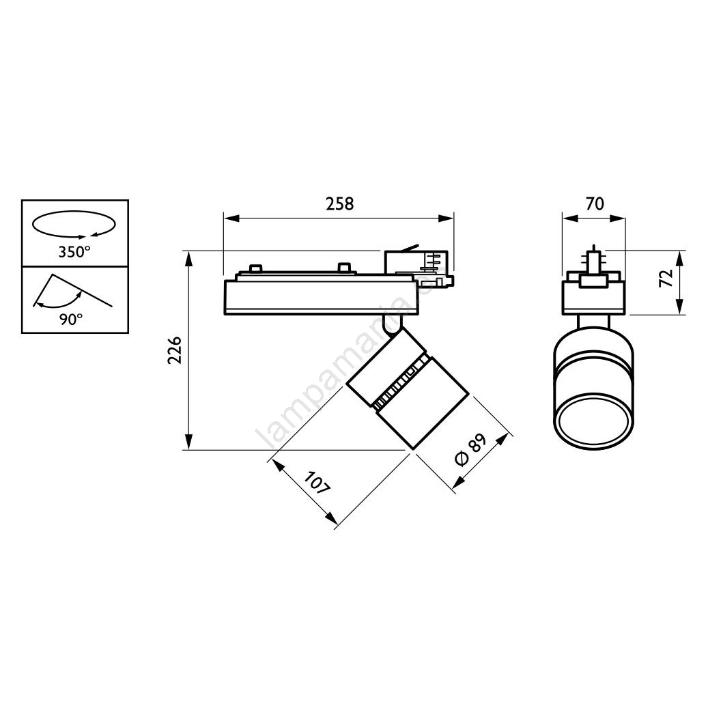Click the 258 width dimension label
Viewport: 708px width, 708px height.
339,204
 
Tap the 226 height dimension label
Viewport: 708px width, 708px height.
174,350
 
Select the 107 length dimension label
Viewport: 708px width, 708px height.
317,483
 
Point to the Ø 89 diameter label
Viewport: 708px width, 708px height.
470,450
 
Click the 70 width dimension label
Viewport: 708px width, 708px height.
595,204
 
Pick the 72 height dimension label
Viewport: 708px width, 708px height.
666,277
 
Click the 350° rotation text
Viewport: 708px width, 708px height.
74,251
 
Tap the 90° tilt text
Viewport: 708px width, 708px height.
71,320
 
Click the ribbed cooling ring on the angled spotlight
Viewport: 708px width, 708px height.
399,382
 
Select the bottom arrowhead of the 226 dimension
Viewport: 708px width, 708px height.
189,442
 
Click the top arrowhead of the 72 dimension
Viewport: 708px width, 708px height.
679,258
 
